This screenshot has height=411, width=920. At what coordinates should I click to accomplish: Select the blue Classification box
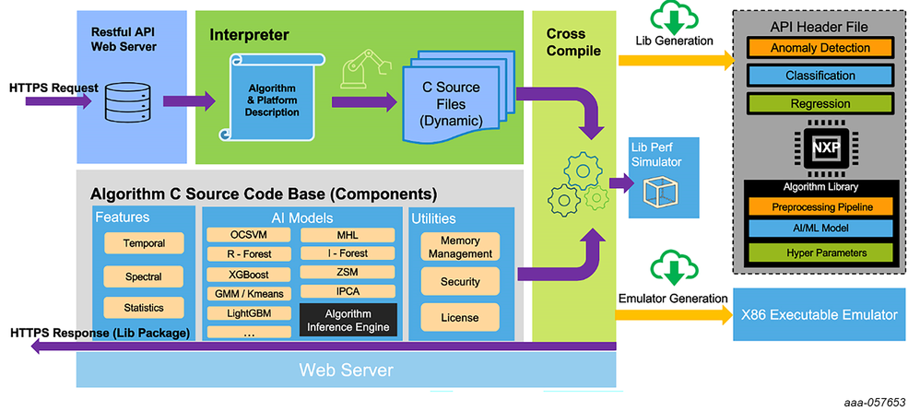click(x=820, y=75)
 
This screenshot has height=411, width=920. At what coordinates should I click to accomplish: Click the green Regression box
click(x=820, y=103)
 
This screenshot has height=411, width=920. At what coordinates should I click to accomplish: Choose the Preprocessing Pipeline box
click(x=820, y=206)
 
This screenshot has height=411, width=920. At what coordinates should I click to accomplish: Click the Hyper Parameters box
click(x=820, y=252)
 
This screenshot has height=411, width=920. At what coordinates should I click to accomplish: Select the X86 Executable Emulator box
click(x=818, y=315)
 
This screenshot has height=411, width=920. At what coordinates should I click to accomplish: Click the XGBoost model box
click(x=247, y=275)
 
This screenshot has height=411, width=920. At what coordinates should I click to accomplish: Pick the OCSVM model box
click(x=247, y=234)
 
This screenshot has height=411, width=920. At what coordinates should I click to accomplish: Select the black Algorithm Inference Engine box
click(x=348, y=321)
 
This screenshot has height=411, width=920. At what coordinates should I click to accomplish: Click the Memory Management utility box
click(x=460, y=246)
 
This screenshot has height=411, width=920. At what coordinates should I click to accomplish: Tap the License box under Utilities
click(x=460, y=318)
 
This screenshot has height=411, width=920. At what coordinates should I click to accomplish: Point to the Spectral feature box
click(x=144, y=276)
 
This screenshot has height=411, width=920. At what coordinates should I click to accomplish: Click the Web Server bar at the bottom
click(x=346, y=370)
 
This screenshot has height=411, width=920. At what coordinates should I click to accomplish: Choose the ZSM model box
click(x=348, y=274)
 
